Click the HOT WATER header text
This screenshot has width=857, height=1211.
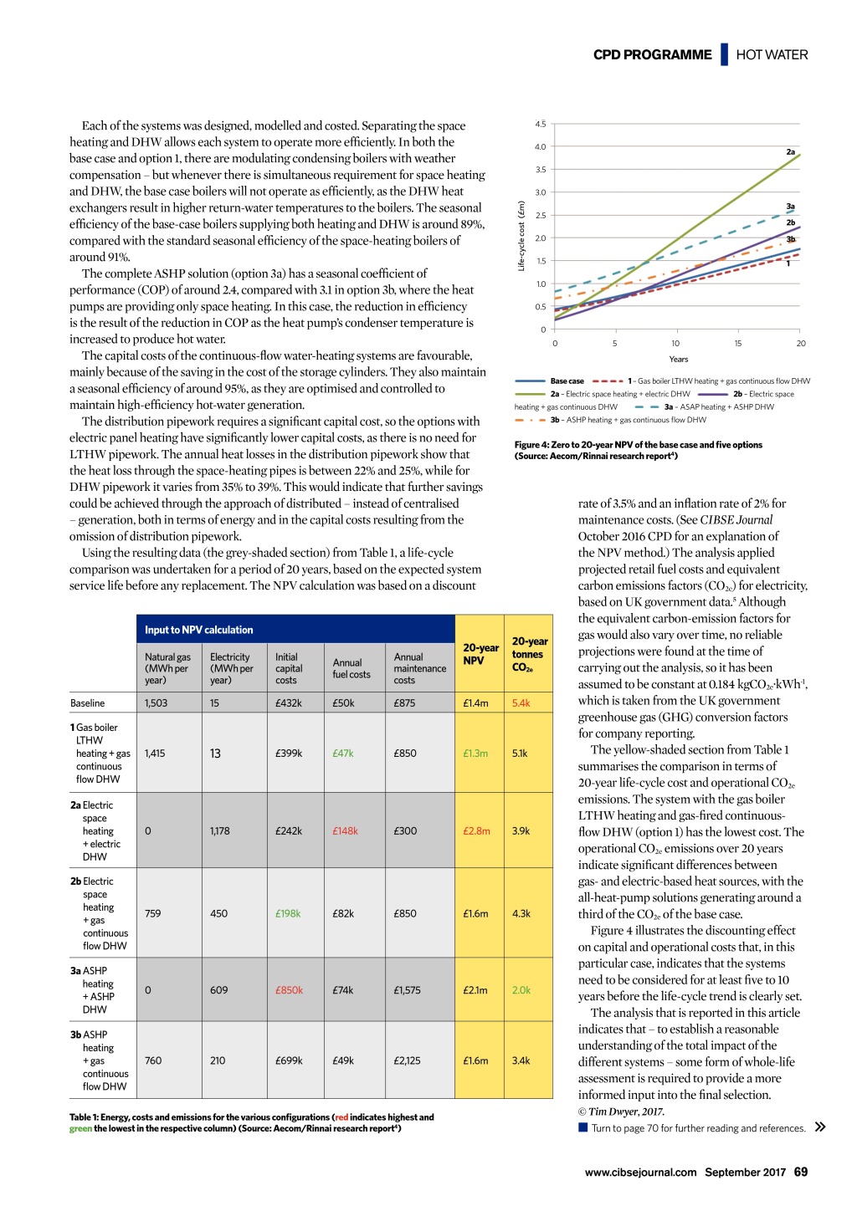(x=772, y=55)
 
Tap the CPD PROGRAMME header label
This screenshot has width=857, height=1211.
(x=652, y=55)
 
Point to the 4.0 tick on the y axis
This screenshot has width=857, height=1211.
(x=541, y=147)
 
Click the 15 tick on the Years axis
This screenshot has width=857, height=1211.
(x=738, y=344)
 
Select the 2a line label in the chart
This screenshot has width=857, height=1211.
(x=790, y=152)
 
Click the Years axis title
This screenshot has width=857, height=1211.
(x=679, y=360)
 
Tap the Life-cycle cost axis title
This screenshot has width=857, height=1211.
(x=521, y=235)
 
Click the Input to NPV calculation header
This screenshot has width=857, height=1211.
(x=198, y=630)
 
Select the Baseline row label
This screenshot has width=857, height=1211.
(x=88, y=703)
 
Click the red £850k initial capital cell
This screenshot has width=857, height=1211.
(x=289, y=990)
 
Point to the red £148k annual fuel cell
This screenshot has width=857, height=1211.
(x=345, y=831)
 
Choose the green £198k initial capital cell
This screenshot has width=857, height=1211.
(x=288, y=914)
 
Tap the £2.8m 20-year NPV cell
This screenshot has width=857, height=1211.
(x=476, y=831)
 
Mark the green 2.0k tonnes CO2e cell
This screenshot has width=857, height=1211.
(x=521, y=990)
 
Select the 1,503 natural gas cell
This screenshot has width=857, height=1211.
(x=156, y=703)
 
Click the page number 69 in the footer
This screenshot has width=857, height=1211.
(x=801, y=1173)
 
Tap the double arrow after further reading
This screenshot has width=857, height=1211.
(x=820, y=1127)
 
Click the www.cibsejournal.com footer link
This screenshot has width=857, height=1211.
(x=640, y=1173)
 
